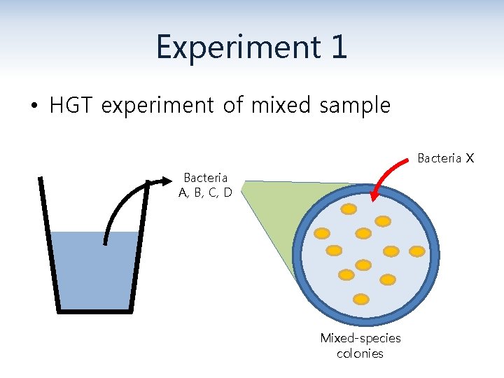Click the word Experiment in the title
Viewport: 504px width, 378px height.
(230, 48)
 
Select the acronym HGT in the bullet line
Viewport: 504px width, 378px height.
(73, 106)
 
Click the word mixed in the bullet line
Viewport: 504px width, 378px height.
(281, 106)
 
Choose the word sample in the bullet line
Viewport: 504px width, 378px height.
(355, 106)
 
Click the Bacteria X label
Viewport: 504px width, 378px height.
(446, 158)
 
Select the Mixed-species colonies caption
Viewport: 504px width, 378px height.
(360, 346)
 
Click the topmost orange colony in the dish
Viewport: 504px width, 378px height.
(349, 209)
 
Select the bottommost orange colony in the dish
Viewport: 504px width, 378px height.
(361, 299)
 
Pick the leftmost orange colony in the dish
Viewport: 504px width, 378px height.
(322, 233)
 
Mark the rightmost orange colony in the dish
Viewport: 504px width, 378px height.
(416, 250)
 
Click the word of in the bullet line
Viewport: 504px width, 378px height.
(232, 106)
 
